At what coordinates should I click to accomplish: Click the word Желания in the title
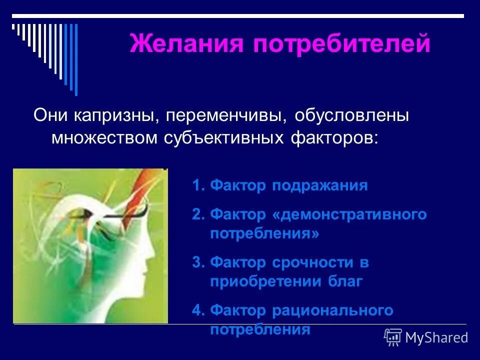point(186,44)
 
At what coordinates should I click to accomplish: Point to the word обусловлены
point(351,116)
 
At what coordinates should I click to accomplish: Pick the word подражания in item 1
point(320,186)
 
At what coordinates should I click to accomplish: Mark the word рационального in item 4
point(332,310)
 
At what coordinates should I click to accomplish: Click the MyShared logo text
point(436,337)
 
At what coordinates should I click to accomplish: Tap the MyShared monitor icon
point(393,337)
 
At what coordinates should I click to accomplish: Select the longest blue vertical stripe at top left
point(76,59)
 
